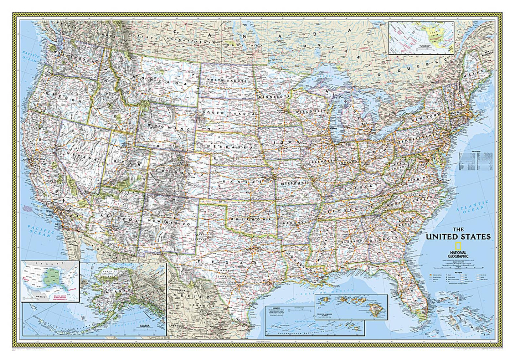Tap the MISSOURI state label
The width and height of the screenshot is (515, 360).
click(293, 183)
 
